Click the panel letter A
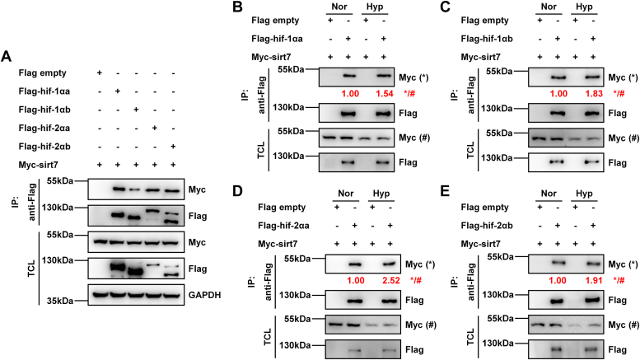pos(6,56)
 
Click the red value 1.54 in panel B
pos(385,93)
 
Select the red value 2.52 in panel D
pos(391,280)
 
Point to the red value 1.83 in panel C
pos(594,93)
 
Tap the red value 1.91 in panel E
pos(594,280)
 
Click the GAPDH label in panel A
pos(204,295)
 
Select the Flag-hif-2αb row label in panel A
pos(44,147)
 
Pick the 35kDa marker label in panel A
pos(60,302)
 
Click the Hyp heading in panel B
pos(375,7)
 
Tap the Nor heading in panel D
pos(346,194)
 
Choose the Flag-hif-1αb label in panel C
pos(487,39)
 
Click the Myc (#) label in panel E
pos(624,325)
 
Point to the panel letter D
pos(237,191)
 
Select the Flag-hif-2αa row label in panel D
pos(283,225)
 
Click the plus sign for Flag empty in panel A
pos(99,72)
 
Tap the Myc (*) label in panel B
pos(413,77)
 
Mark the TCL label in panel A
pos(32,268)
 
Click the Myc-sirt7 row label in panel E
pos(480,244)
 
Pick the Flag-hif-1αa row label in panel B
pos(277,39)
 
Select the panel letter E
pos(446,191)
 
